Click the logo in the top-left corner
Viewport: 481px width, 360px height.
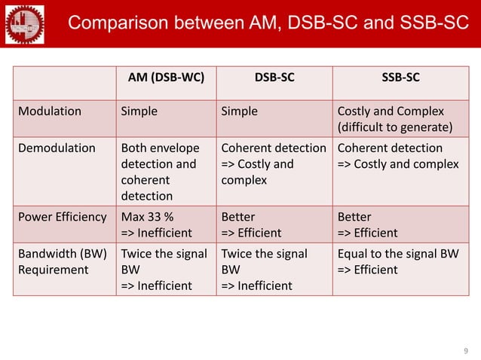point(24,23)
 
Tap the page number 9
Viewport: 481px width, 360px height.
point(465,350)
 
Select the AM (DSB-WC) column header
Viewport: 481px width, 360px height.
point(164,77)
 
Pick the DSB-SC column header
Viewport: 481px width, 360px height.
point(274,77)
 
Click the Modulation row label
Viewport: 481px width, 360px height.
point(50,111)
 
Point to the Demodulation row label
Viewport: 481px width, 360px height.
point(57,148)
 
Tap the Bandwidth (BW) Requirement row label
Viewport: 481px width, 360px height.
point(60,262)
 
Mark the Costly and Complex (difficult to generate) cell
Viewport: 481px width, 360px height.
point(395,119)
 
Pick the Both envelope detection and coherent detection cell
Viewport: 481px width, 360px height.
point(161,172)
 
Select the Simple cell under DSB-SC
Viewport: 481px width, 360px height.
point(239,111)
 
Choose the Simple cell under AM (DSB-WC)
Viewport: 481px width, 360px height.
point(139,111)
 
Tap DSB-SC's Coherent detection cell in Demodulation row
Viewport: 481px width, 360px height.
point(273,164)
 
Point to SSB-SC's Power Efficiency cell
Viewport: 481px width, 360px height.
point(367,224)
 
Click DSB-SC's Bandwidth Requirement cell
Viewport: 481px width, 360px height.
point(264,270)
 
